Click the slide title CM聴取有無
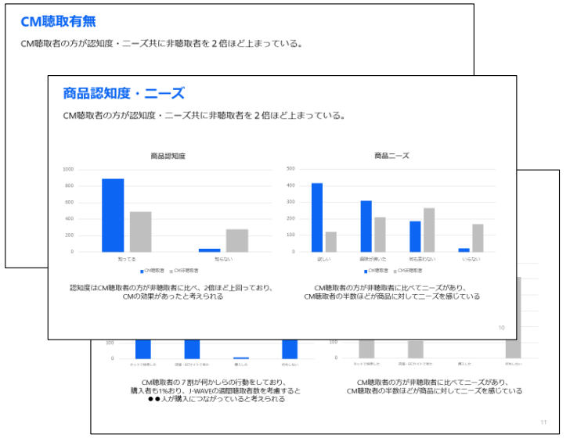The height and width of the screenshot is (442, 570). pyautogui.click(x=58, y=22)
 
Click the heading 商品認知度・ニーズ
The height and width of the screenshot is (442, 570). pyautogui.click(x=124, y=94)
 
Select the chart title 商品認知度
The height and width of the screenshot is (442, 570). pyautogui.click(x=168, y=156)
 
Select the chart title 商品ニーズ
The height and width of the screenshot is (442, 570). pyautogui.click(x=391, y=156)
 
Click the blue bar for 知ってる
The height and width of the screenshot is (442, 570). pyautogui.click(x=113, y=215)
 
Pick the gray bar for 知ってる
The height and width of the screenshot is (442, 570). pyautogui.click(x=140, y=232)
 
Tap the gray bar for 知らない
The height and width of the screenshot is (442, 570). pyautogui.click(x=236, y=240)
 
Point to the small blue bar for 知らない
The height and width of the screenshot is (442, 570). pyautogui.click(x=209, y=250)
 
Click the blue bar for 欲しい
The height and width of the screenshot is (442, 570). pyautogui.click(x=317, y=217)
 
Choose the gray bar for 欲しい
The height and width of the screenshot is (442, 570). pyautogui.click(x=331, y=242)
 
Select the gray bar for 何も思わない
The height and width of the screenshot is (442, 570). pyautogui.click(x=429, y=230)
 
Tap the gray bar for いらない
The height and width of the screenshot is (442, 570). pyautogui.click(x=478, y=238)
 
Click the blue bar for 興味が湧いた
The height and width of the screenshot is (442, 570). pyautogui.click(x=366, y=226)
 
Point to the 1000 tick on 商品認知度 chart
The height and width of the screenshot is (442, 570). pyautogui.click(x=68, y=169)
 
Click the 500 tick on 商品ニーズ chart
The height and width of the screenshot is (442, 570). pyautogui.click(x=290, y=169)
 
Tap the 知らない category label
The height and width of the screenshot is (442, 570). pyautogui.click(x=223, y=257)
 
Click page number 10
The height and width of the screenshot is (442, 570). pyautogui.click(x=501, y=328)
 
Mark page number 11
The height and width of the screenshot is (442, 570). pyautogui.click(x=543, y=422)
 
